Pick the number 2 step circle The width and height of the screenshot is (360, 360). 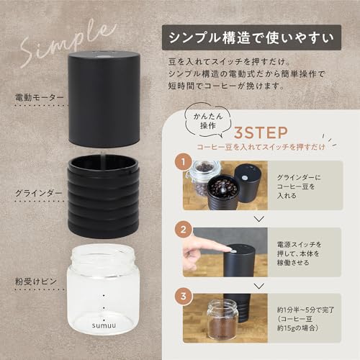click(x=185, y=231)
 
